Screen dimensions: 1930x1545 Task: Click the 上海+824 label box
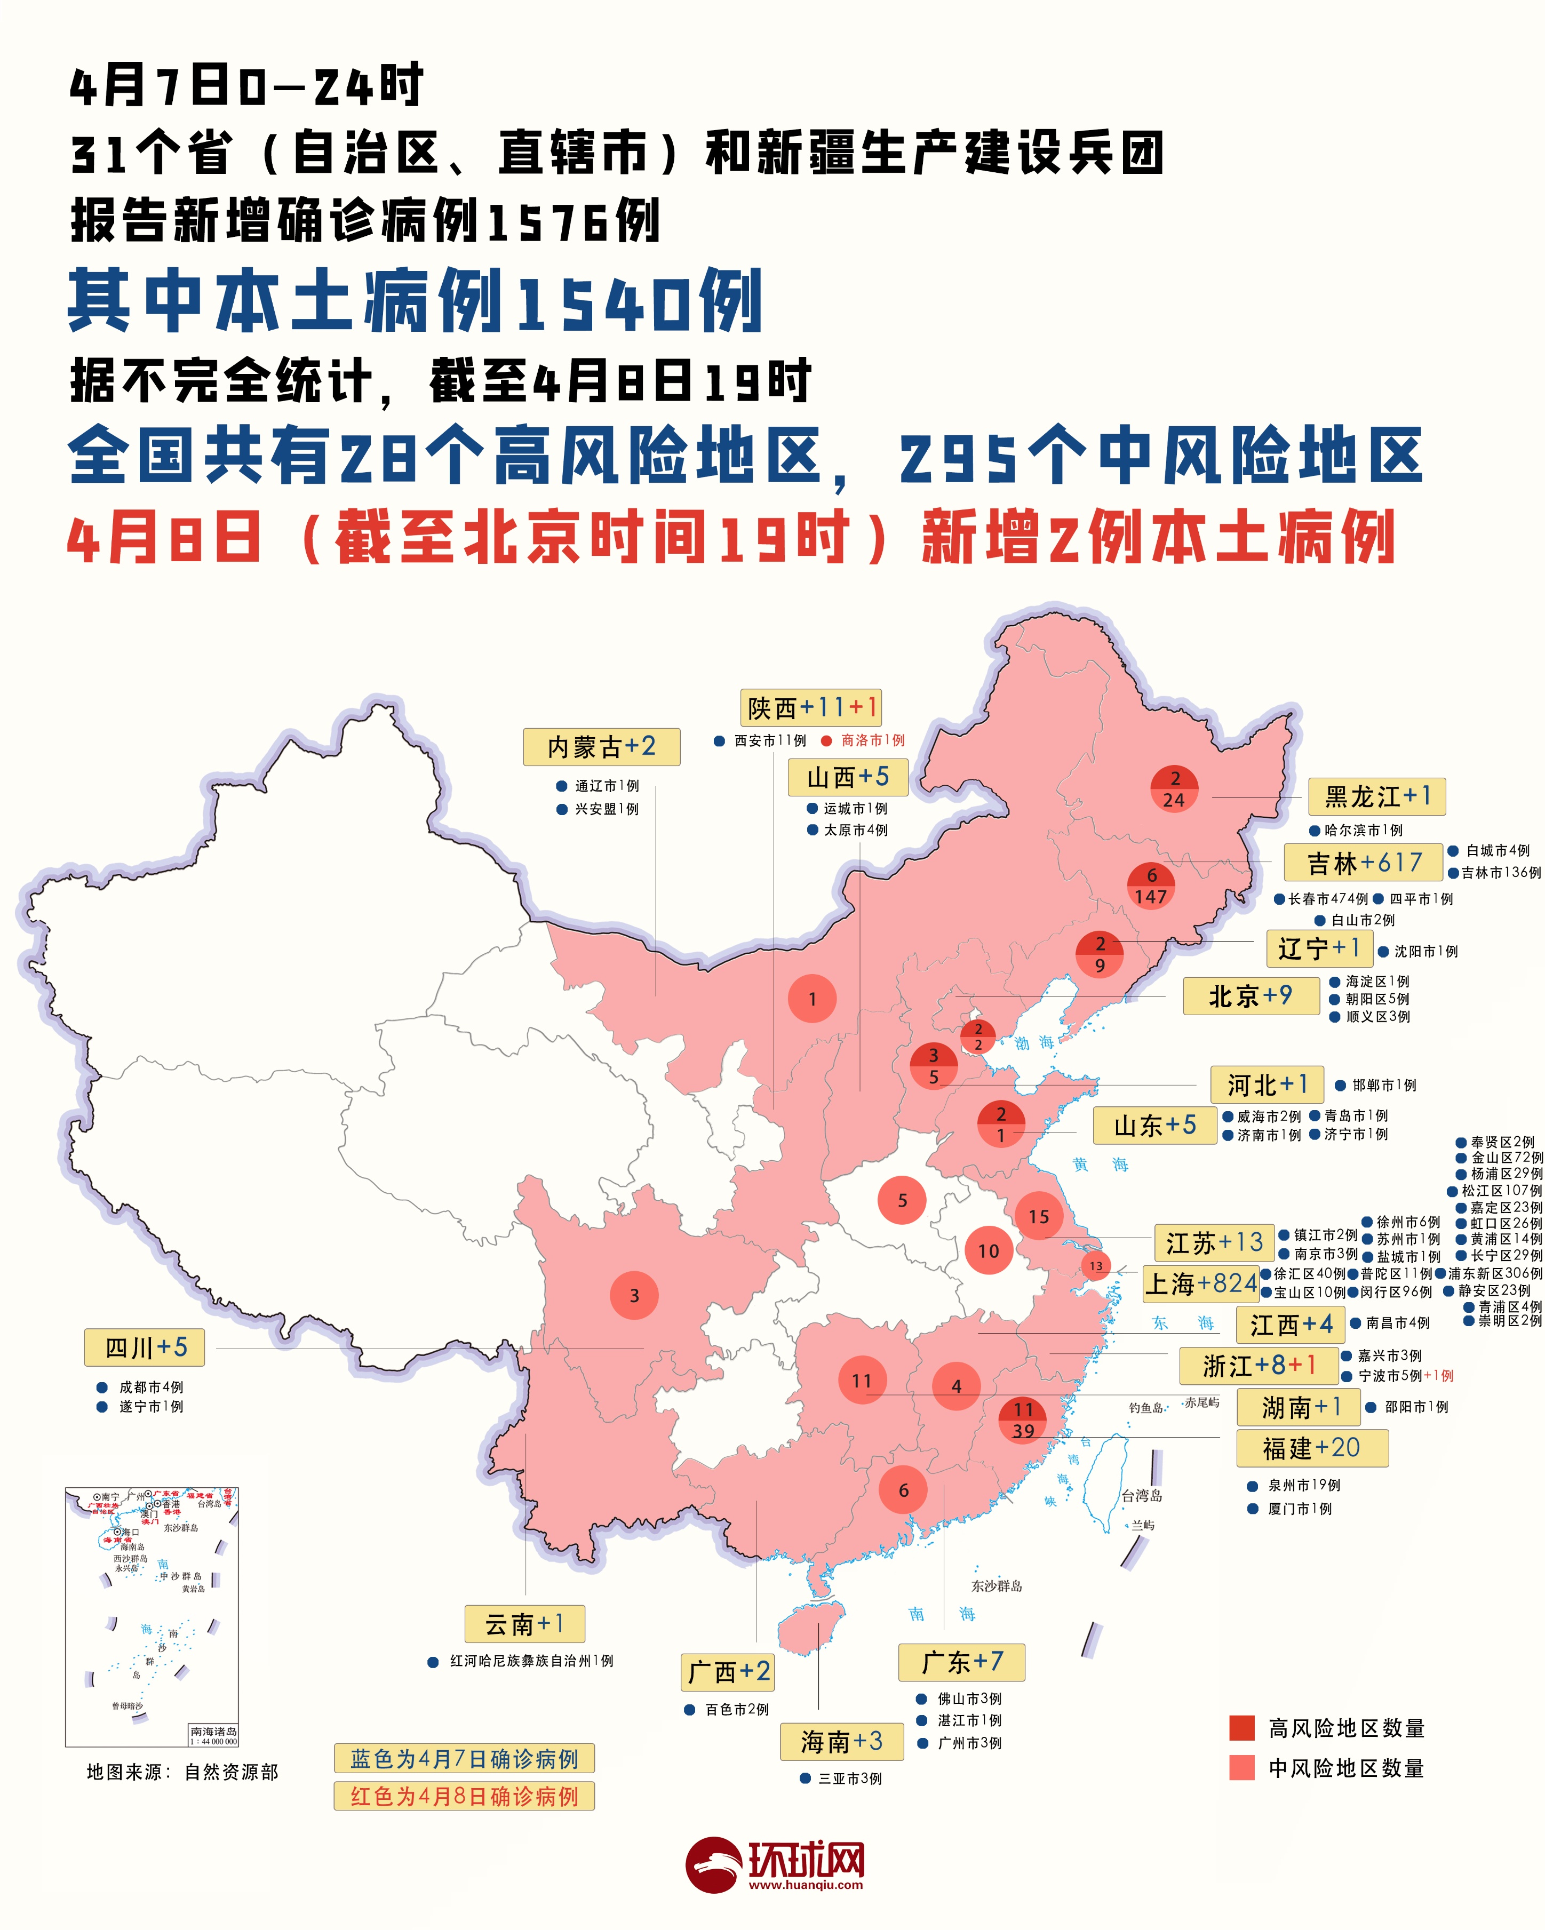tap(1200, 1283)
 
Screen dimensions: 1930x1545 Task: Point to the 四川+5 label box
tap(144, 1347)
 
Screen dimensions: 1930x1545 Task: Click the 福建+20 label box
tap(1311, 1448)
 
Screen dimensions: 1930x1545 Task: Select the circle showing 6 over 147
tap(1151, 886)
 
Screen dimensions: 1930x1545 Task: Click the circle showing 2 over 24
tap(1174, 788)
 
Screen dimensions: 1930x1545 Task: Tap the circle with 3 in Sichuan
tap(634, 1295)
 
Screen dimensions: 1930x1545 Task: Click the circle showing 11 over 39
tap(1023, 1419)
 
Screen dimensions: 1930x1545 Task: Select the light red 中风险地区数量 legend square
tap(1241, 1768)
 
